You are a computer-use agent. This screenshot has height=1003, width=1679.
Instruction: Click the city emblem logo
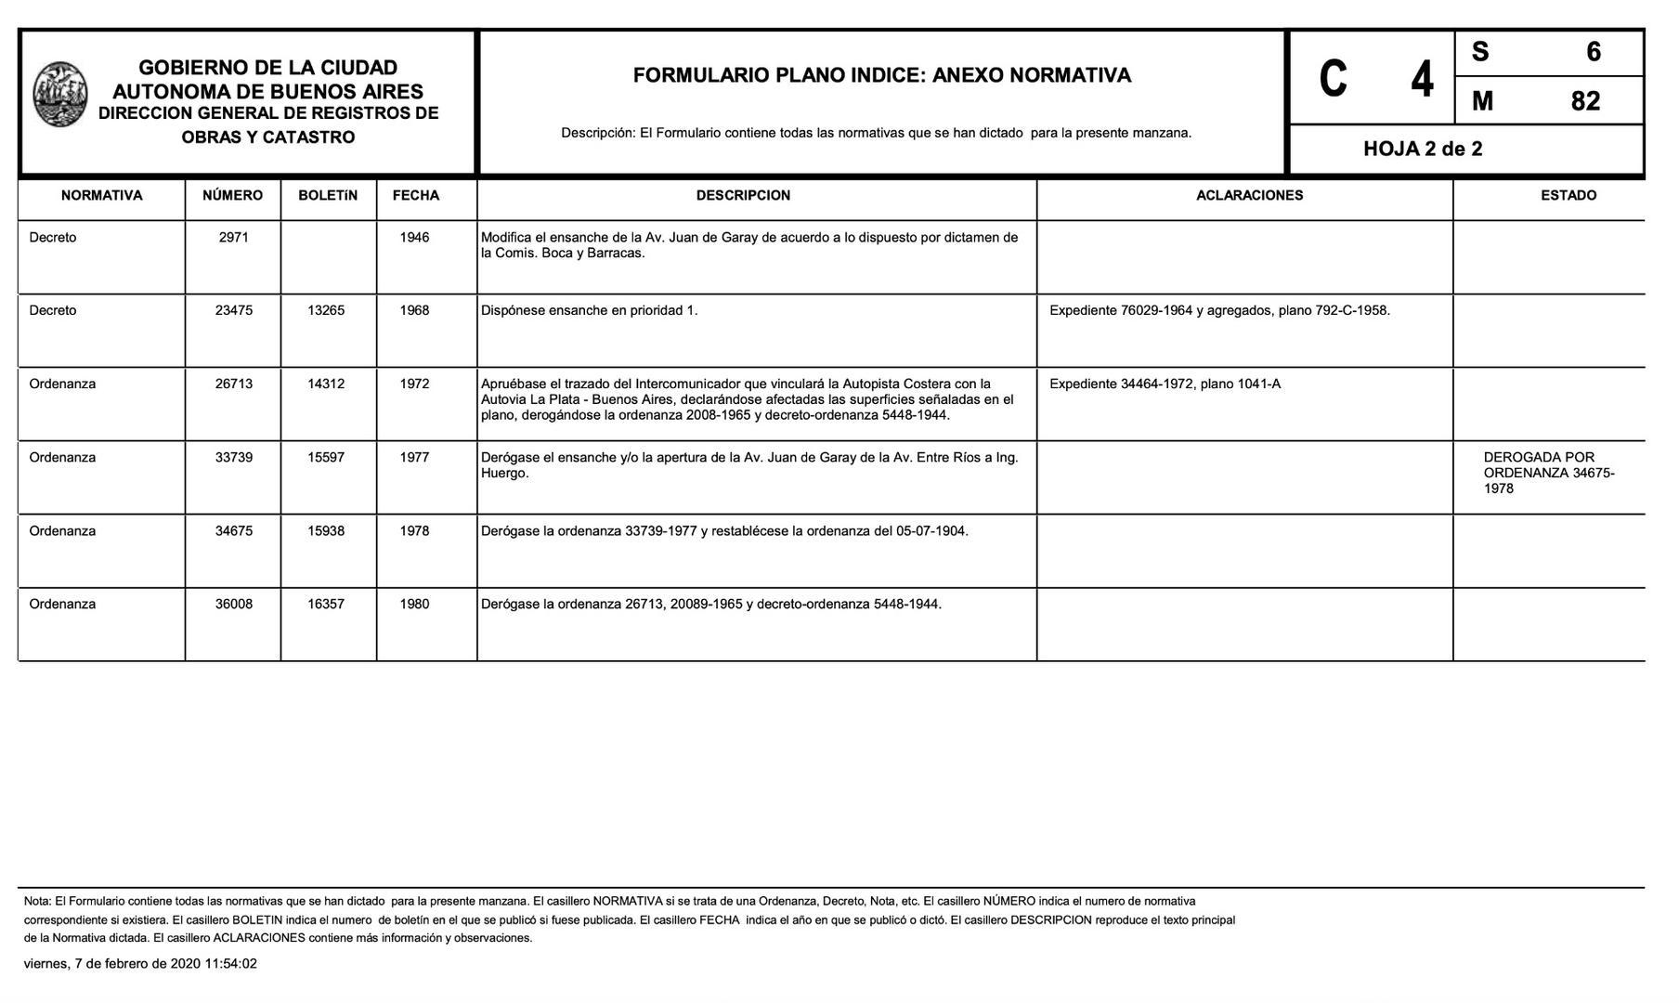coord(60,94)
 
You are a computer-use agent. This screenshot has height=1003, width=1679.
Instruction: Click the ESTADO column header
coord(1568,195)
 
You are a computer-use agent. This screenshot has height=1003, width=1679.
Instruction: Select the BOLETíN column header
coord(328,195)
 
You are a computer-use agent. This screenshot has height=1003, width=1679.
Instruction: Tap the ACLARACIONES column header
coord(1249,195)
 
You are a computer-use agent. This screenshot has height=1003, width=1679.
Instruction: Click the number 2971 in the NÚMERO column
coord(234,238)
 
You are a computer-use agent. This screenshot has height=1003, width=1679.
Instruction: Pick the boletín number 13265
coord(326,310)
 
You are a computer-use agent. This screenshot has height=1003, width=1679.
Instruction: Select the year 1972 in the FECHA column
coord(414,384)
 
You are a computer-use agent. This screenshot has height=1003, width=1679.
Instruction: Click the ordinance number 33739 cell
coord(234,457)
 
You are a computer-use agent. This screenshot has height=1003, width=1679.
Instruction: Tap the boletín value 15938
coord(326,531)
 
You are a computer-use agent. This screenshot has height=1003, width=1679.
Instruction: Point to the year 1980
coord(414,604)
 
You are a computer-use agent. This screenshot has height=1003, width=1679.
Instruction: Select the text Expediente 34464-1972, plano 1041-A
coord(1165,384)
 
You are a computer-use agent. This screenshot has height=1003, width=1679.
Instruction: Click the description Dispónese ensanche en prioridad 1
coord(589,310)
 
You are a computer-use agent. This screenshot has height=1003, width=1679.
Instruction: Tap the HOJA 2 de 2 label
coord(1422,149)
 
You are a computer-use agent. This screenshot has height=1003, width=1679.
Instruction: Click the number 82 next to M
coord(1585,100)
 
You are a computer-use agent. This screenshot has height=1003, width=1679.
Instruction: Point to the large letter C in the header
coord(1333,79)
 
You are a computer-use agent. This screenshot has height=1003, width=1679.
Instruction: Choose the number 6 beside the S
coord(1594,52)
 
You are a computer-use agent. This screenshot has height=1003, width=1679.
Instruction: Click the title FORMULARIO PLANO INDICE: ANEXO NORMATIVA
coord(881,75)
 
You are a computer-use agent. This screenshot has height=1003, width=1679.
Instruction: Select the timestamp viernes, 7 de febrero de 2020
coord(140,964)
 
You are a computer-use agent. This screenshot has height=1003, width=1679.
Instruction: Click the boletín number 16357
coord(326,604)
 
